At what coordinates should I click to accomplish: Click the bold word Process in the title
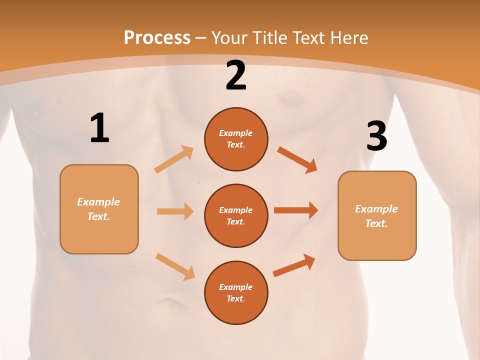point(157,38)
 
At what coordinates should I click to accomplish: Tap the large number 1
point(99,128)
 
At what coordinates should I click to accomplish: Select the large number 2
point(236,75)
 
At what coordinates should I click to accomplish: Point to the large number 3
point(376,136)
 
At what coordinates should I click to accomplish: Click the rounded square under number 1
point(99,209)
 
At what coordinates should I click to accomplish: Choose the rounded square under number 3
point(377,215)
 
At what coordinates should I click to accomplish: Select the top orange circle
point(236,139)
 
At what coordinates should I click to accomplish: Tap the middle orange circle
point(236,215)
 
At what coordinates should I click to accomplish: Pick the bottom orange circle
point(236,292)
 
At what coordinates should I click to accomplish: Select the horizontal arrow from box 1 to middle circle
point(175,211)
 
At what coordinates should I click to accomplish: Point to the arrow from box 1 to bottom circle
point(175,266)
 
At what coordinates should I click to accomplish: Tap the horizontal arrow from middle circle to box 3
point(296,210)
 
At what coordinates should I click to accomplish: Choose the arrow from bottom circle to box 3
point(294,265)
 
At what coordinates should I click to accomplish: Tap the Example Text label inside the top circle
point(236,139)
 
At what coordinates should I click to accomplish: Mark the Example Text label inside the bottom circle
point(236,292)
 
